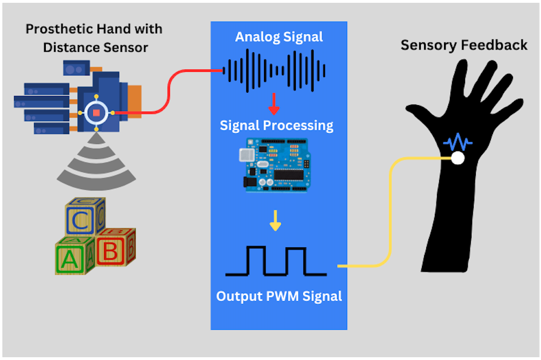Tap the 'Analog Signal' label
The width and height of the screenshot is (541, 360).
[279, 37]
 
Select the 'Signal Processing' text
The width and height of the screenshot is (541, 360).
[276, 126]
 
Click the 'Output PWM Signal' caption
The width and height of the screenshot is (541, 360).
[279, 296]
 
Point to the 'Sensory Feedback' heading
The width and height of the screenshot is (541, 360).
[464, 45]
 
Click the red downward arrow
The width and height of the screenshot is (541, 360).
[274, 103]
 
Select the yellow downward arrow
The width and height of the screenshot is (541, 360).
[275, 220]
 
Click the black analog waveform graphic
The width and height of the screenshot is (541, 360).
[274, 71]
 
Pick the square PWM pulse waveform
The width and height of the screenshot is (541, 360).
[276, 261]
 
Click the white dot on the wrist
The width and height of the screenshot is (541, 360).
[458, 158]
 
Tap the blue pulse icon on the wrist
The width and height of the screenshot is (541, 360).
[457, 142]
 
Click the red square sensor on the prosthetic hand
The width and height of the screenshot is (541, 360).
[96, 113]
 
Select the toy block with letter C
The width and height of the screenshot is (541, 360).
[85, 217]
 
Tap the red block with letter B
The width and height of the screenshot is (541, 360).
[115, 247]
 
